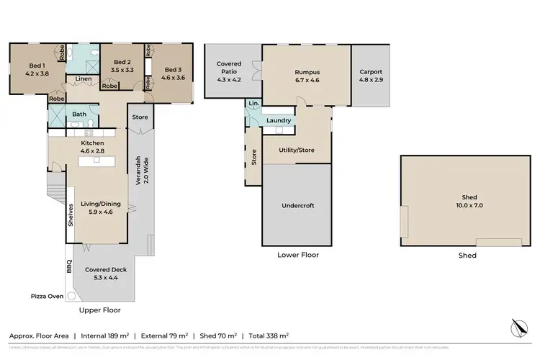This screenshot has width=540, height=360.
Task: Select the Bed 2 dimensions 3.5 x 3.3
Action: tap(122, 71)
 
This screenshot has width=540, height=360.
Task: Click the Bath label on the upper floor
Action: tap(79, 114)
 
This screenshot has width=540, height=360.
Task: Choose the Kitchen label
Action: tap(93, 143)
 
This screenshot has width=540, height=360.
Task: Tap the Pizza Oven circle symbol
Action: tap(71, 296)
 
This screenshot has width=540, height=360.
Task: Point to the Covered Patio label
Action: tap(229, 68)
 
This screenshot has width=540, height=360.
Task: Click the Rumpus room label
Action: tap(307, 73)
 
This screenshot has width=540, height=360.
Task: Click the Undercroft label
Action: tap(297, 204)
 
